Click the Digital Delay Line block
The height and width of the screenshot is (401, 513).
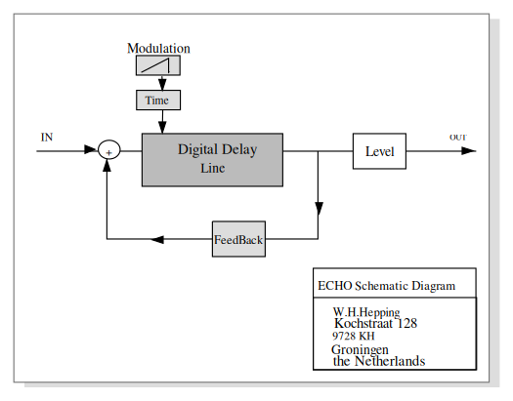(212, 160)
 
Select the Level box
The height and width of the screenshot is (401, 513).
(379, 151)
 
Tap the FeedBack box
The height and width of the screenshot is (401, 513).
(238, 239)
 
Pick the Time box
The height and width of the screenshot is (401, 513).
(158, 100)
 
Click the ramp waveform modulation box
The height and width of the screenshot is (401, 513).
(158, 65)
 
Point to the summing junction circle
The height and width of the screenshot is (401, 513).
(109, 150)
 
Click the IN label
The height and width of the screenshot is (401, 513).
(47, 138)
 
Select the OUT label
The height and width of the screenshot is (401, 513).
(458, 138)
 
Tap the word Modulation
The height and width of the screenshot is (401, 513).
(158, 49)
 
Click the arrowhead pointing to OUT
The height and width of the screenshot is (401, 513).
(468, 151)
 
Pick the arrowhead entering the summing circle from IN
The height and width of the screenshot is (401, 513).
(91, 149)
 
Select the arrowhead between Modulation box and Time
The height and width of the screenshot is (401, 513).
(162, 84)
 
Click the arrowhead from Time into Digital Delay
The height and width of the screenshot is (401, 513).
(162, 127)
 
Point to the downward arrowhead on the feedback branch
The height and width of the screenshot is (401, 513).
(319, 209)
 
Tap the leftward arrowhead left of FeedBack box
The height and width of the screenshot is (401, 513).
(157, 239)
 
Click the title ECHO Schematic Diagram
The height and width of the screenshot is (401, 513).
(386, 286)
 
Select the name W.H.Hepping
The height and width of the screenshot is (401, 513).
(366, 312)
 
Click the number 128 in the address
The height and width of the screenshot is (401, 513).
(407, 323)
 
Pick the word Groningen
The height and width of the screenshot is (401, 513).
(360, 349)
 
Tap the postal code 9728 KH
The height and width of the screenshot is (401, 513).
(354, 336)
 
